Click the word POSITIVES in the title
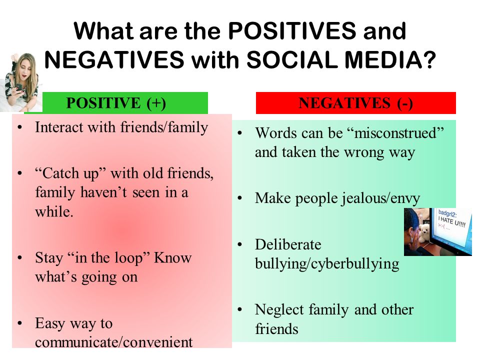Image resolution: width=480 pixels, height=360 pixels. click(292, 31)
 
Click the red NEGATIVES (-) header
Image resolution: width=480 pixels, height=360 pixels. click(355, 103)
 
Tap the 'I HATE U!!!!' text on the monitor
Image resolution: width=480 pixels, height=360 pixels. click(451, 221)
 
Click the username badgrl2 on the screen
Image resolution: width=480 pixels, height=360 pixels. click(447, 213)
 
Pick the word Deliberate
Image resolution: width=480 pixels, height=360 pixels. click(288, 244)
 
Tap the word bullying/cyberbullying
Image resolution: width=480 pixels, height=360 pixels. click(327, 264)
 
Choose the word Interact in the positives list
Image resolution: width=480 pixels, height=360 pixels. click(59, 127)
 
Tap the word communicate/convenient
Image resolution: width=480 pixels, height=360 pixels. click(114, 342)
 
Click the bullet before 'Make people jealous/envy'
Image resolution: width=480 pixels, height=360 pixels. click(239, 198)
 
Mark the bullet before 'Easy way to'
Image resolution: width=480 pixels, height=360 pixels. click(20, 323)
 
